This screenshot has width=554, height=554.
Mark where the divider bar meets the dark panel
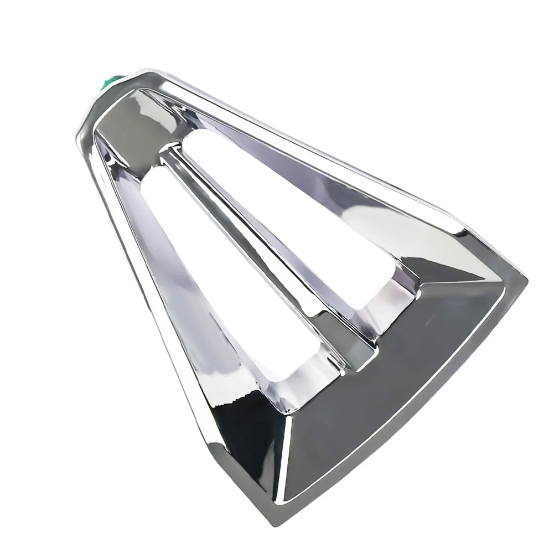(360, 349)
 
